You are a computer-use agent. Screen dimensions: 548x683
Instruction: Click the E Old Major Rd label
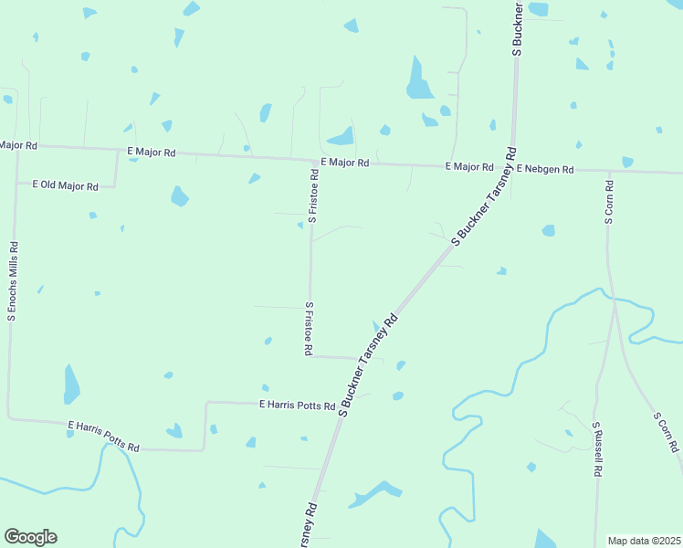65,185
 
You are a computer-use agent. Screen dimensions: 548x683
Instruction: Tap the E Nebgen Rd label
544,169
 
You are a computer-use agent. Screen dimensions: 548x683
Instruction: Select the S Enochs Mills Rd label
12,281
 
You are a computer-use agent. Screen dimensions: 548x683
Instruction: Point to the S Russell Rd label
596,449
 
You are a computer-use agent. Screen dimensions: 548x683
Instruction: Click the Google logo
30,537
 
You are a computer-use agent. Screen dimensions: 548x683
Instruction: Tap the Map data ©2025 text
644,541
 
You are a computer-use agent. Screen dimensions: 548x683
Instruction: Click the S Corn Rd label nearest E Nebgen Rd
608,202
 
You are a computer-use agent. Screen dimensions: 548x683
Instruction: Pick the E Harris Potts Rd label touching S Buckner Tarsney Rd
298,404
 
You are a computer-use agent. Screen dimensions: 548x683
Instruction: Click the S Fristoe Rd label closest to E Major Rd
312,195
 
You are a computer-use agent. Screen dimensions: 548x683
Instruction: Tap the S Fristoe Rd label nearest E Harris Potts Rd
310,329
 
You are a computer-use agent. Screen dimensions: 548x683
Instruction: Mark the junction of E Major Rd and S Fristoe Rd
312,163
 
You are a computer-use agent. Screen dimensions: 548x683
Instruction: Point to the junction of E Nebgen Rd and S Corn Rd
608,170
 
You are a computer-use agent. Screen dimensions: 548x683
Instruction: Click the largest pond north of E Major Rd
419,80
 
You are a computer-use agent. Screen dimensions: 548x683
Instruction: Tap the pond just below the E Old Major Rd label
179,196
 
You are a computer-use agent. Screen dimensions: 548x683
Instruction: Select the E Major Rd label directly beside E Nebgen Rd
468,167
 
